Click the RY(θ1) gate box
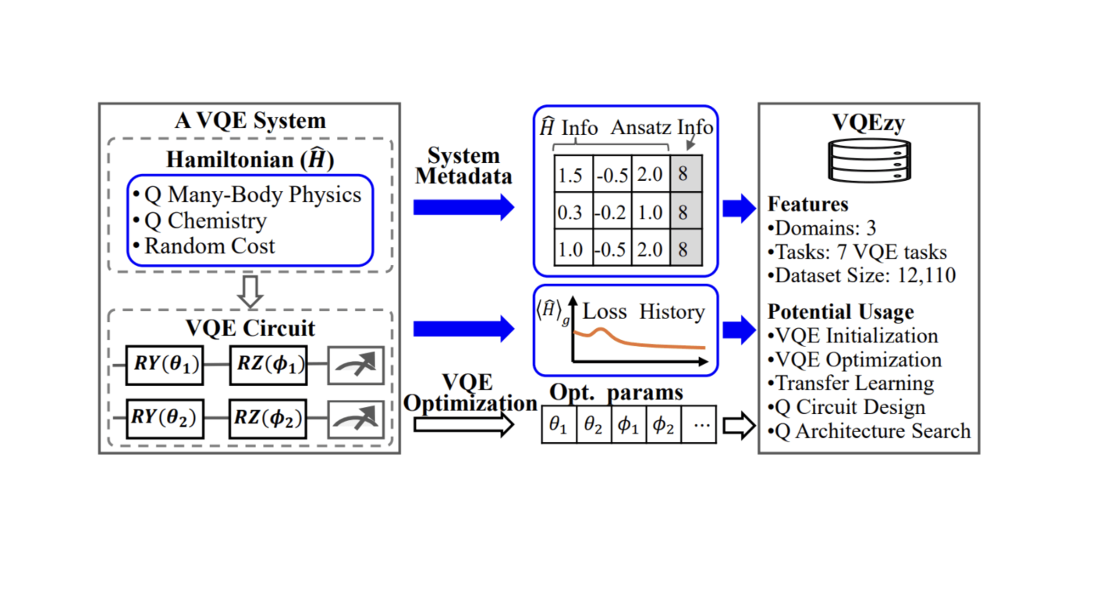[x=165, y=365]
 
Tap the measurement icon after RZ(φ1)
[x=356, y=365]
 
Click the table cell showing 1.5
[x=571, y=175]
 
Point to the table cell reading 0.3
[x=571, y=213]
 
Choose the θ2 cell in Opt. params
[x=594, y=426]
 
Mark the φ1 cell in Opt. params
[x=629, y=426]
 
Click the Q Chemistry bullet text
[x=206, y=221]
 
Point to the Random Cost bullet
[x=210, y=246]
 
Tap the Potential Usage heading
[x=840, y=312]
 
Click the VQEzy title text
[x=868, y=123]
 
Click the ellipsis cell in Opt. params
[x=699, y=426]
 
